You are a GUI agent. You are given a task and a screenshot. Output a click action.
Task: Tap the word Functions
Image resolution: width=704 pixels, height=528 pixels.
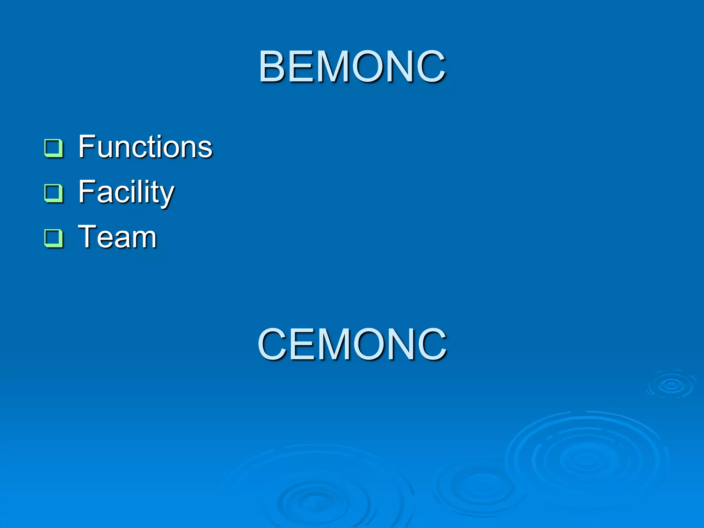tap(145, 147)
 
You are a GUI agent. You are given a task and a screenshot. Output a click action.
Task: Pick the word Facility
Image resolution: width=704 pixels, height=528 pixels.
tap(126, 192)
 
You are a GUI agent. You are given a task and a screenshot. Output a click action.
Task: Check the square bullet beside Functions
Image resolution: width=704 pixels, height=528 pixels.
tap(54, 148)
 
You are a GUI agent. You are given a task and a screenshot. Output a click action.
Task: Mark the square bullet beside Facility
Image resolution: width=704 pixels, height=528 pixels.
tap(54, 193)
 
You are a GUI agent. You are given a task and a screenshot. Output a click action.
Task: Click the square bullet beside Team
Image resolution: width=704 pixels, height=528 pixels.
tap(54, 238)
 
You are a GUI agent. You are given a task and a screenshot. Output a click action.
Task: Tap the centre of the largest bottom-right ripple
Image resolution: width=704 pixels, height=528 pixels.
tap(586, 459)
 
